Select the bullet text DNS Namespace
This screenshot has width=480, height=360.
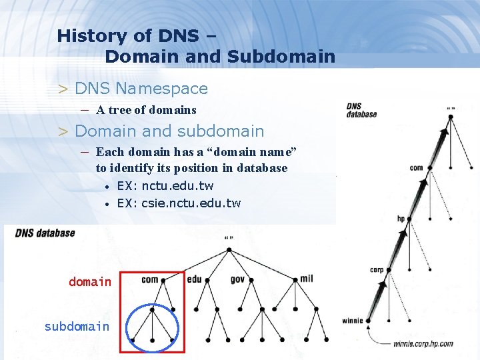point(141,88)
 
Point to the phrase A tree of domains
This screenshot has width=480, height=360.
point(146,110)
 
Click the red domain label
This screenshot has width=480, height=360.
point(90,282)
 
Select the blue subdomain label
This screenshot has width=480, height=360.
point(77,326)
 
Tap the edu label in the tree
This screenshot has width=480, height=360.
point(195,279)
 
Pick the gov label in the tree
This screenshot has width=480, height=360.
point(238,279)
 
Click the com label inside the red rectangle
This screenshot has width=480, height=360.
point(150,279)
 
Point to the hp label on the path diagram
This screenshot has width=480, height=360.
point(401,218)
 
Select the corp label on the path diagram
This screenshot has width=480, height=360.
point(377,270)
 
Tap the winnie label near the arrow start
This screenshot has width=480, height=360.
point(353,321)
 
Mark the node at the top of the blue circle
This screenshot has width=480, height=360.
point(153,309)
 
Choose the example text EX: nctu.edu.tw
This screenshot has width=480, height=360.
point(165,186)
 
